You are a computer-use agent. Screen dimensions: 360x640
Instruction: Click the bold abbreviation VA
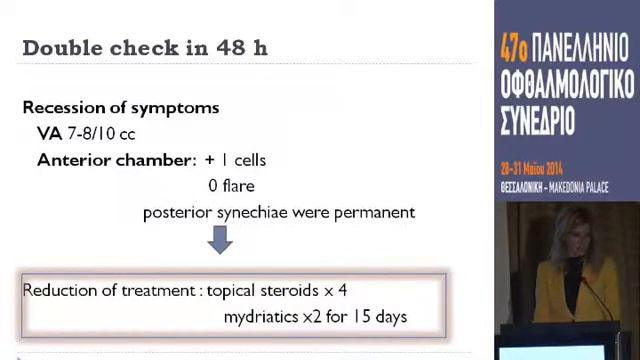click(49, 133)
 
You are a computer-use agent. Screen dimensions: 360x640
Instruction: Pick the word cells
click(250, 160)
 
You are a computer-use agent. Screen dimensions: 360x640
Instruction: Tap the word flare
click(237, 186)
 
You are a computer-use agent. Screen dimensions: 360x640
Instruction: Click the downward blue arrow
click(220, 241)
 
